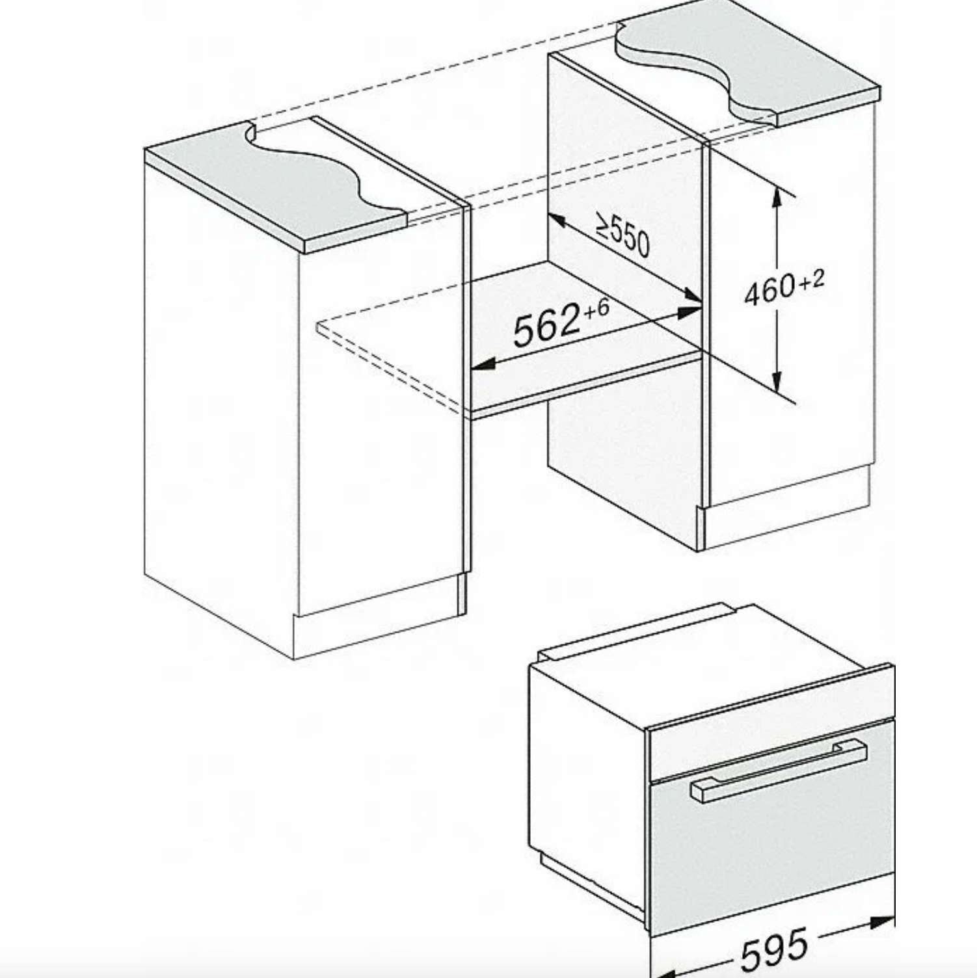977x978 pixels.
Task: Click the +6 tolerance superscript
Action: (x=596, y=310)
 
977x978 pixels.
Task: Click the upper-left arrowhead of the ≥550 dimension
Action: (x=556, y=221)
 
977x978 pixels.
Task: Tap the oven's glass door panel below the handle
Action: (x=774, y=839)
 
